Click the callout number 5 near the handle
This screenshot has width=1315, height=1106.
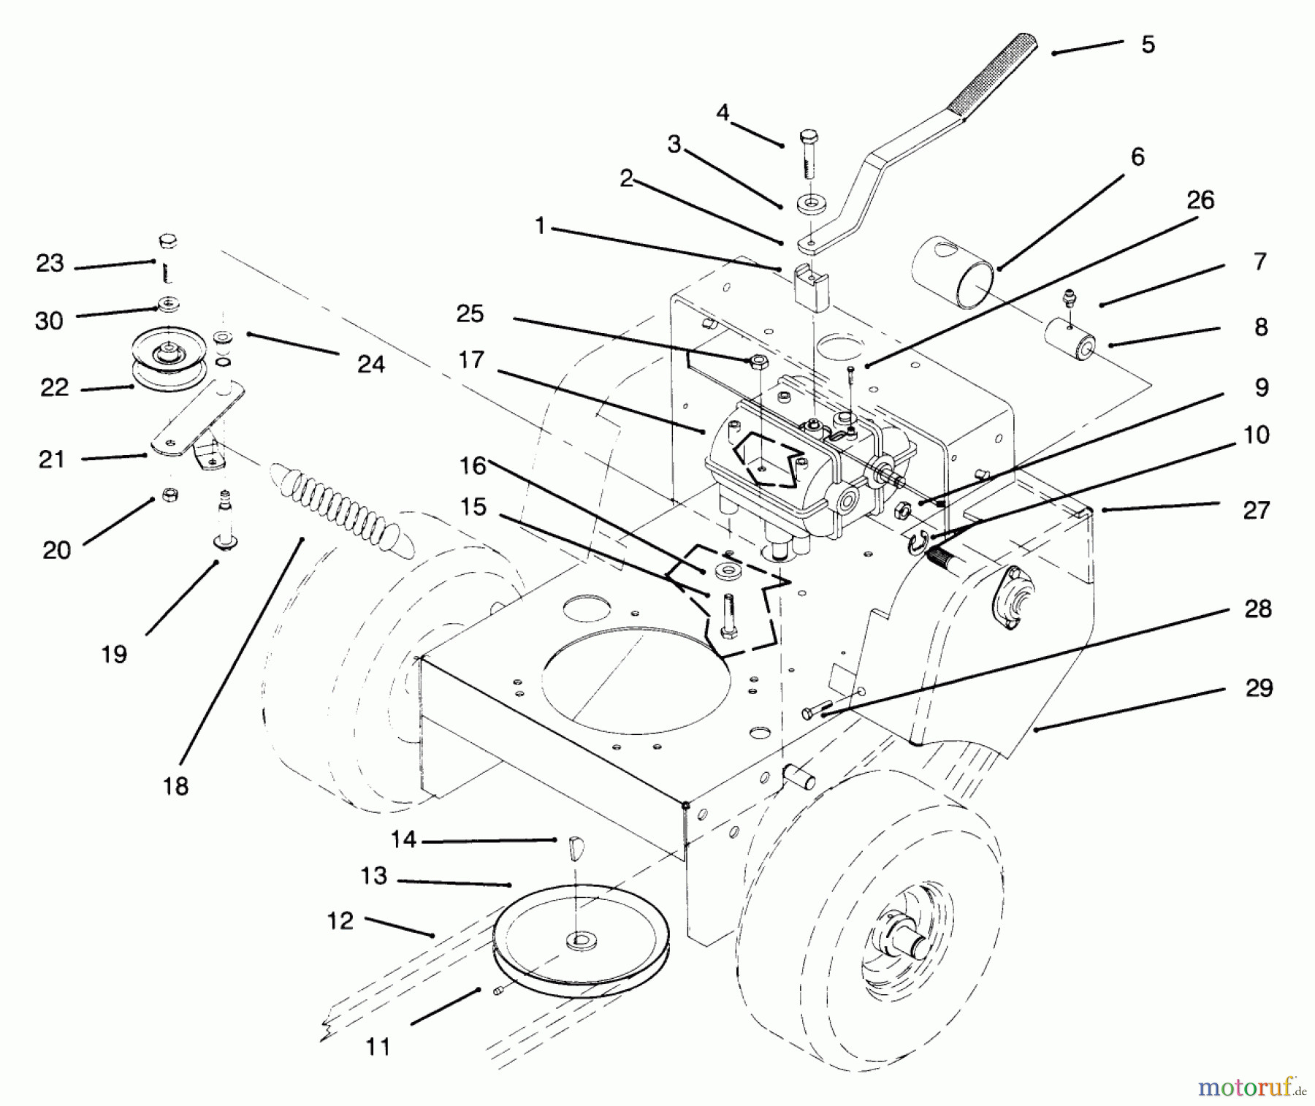1148,45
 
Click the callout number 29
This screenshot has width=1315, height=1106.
1259,688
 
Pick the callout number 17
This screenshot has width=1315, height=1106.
471,360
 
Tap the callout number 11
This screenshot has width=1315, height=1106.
378,1047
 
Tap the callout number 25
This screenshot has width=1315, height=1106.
470,314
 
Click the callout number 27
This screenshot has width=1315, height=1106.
1257,510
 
